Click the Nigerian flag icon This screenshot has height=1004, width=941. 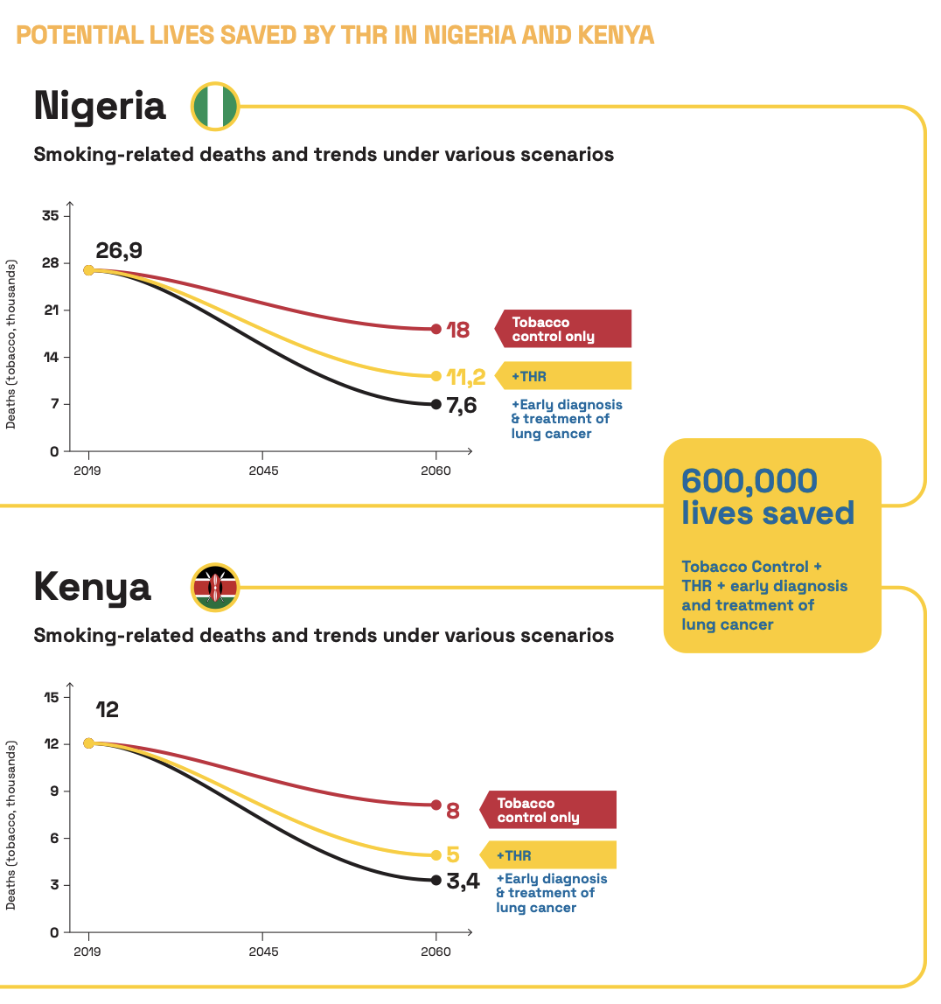pos(215,106)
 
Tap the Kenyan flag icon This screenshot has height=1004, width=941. pos(215,587)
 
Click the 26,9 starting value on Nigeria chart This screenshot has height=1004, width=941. pos(119,251)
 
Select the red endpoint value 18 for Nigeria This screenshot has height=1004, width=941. pos(458,330)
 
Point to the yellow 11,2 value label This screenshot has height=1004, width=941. pos(465,377)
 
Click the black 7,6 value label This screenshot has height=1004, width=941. pos(462,405)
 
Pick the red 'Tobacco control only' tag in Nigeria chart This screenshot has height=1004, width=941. pos(563,329)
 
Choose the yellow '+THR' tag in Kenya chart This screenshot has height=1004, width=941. pos(548,855)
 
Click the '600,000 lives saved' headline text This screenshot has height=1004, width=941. pos(767,497)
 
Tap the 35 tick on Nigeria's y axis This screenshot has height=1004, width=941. pos(50,216)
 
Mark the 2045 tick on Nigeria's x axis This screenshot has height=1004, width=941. pos(263,471)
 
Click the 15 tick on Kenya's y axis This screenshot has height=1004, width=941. pos(50,697)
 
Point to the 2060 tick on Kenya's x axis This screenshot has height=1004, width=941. pos(436,952)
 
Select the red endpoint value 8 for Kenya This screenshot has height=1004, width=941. pos(453,811)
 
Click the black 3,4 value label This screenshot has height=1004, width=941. pos(463,881)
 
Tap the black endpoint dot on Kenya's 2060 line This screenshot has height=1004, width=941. pos(436,880)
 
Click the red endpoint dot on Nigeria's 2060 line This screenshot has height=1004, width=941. pos(436,329)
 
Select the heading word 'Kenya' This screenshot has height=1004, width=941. pos(93,587)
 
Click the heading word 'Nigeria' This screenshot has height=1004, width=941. pos(100,106)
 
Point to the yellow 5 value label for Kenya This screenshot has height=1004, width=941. pos(453,855)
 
